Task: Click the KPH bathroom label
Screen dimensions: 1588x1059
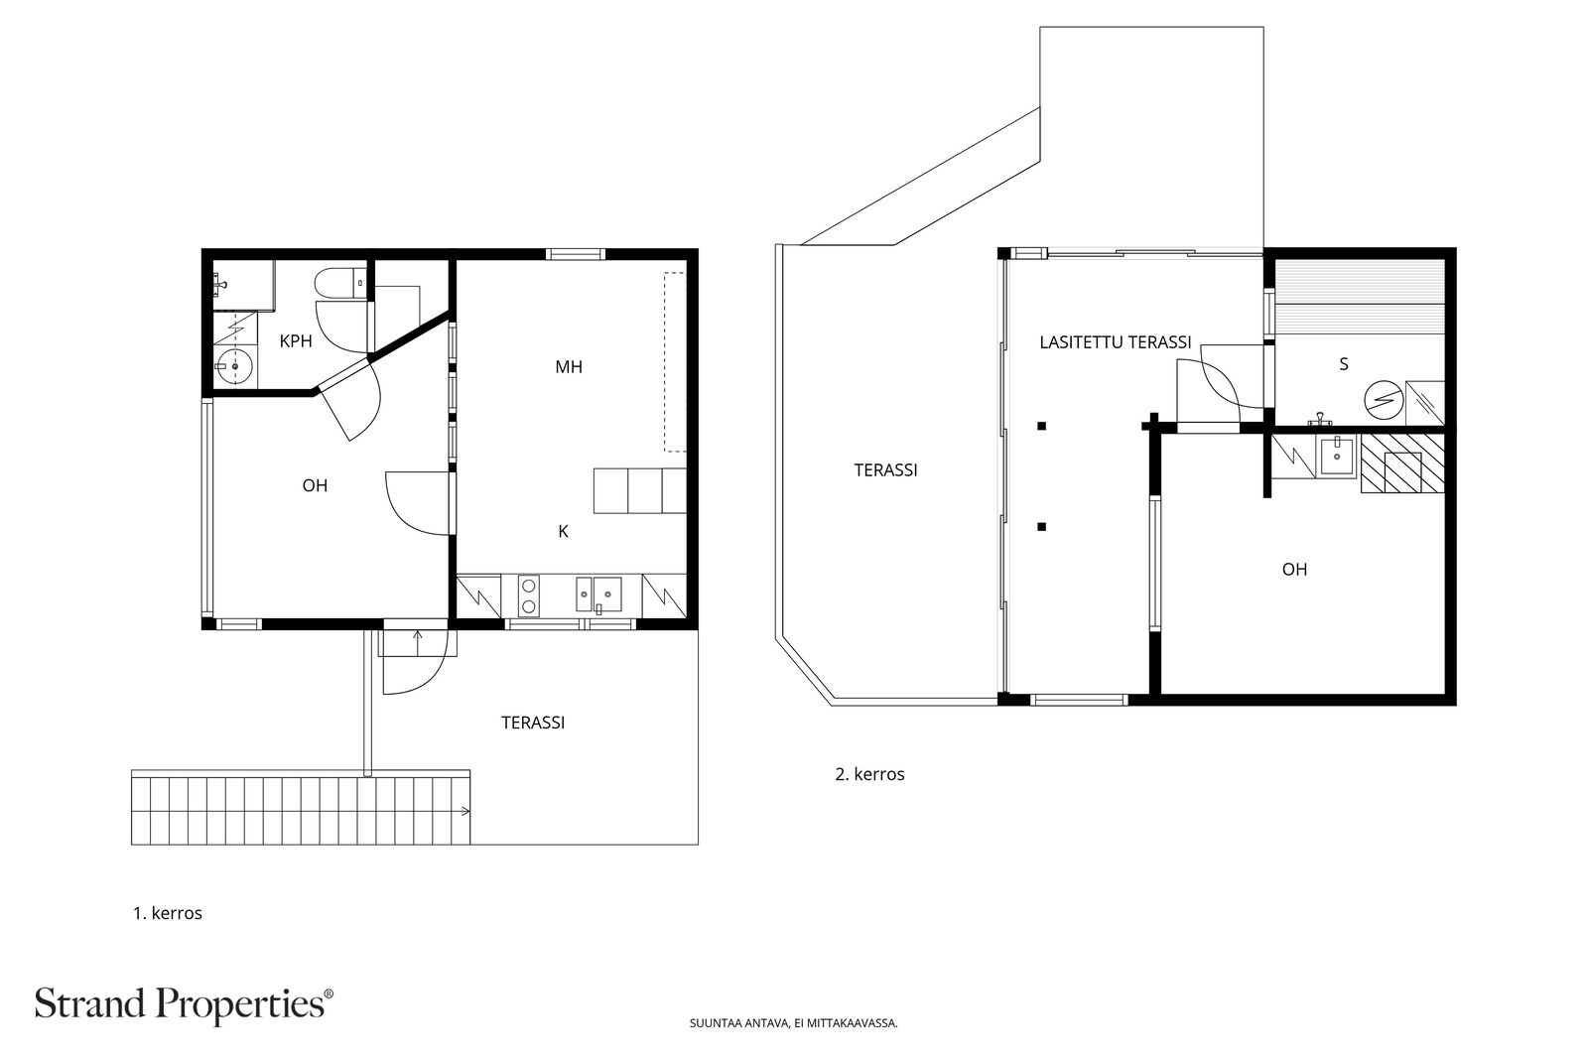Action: (x=296, y=341)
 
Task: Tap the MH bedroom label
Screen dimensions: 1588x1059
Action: (x=569, y=366)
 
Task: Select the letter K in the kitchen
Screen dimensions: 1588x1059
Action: (x=564, y=531)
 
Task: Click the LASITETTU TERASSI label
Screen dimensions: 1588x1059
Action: (x=1116, y=342)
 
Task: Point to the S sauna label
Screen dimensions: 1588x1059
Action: (x=1344, y=364)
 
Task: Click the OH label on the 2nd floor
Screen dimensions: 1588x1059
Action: (x=1294, y=569)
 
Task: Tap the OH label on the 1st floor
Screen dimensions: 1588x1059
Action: (x=315, y=485)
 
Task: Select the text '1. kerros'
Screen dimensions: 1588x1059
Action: (x=168, y=913)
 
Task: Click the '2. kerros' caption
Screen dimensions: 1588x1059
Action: (x=869, y=774)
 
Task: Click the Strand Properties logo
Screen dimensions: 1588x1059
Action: (x=184, y=1004)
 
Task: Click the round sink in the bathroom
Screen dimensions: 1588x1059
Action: (x=234, y=366)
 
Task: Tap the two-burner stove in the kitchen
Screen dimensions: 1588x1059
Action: (x=528, y=595)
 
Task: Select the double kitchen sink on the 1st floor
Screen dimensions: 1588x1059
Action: (x=599, y=594)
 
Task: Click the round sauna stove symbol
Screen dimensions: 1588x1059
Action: (x=1384, y=400)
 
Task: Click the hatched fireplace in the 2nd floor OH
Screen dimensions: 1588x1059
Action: (x=1402, y=463)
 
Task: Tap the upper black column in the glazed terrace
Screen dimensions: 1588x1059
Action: (x=1041, y=426)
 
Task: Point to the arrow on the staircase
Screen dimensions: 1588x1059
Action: (x=465, y=811)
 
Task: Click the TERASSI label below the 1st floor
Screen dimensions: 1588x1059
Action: (x=533, y=723)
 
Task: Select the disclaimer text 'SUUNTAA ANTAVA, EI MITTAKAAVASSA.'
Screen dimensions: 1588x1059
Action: (x=793, y=1023)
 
